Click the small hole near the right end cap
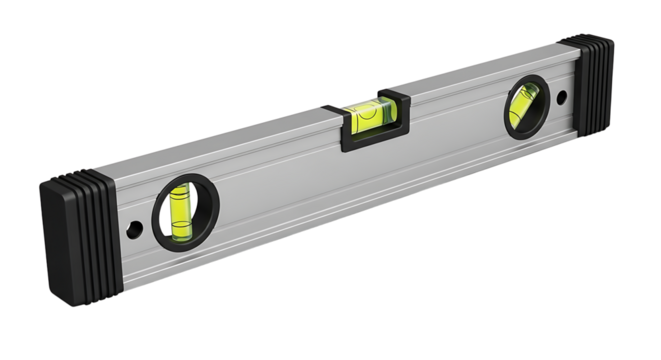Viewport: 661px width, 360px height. (562, 98)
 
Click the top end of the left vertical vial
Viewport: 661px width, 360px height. (180, 190)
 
